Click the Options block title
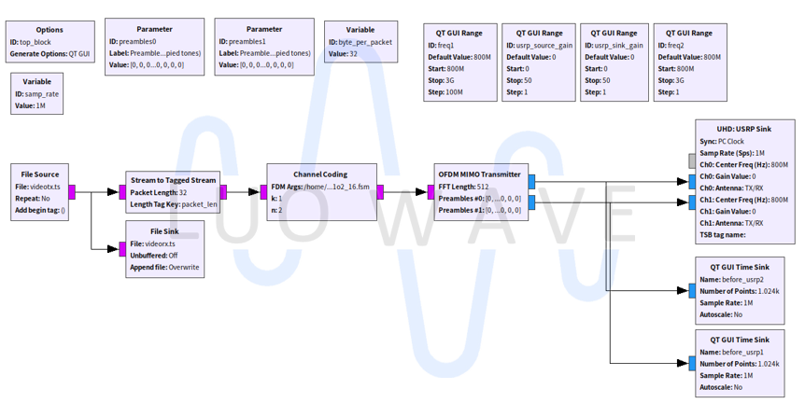coord(36,30)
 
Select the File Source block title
coord(40,174)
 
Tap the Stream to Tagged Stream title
coord(173,180)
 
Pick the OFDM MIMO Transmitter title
coord(479,174)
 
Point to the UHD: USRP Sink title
coord(744,129)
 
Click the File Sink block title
coord(164,230)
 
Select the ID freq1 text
coord(448,45)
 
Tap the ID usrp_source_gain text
coord(539,45)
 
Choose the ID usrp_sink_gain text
coord(614,45)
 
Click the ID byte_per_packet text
coord(360,42)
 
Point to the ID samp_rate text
coord(36,94)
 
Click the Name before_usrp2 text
coord(731,279)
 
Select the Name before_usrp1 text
coord(731,353)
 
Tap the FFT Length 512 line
coord(463,187)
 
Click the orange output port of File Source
coord(73,192)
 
